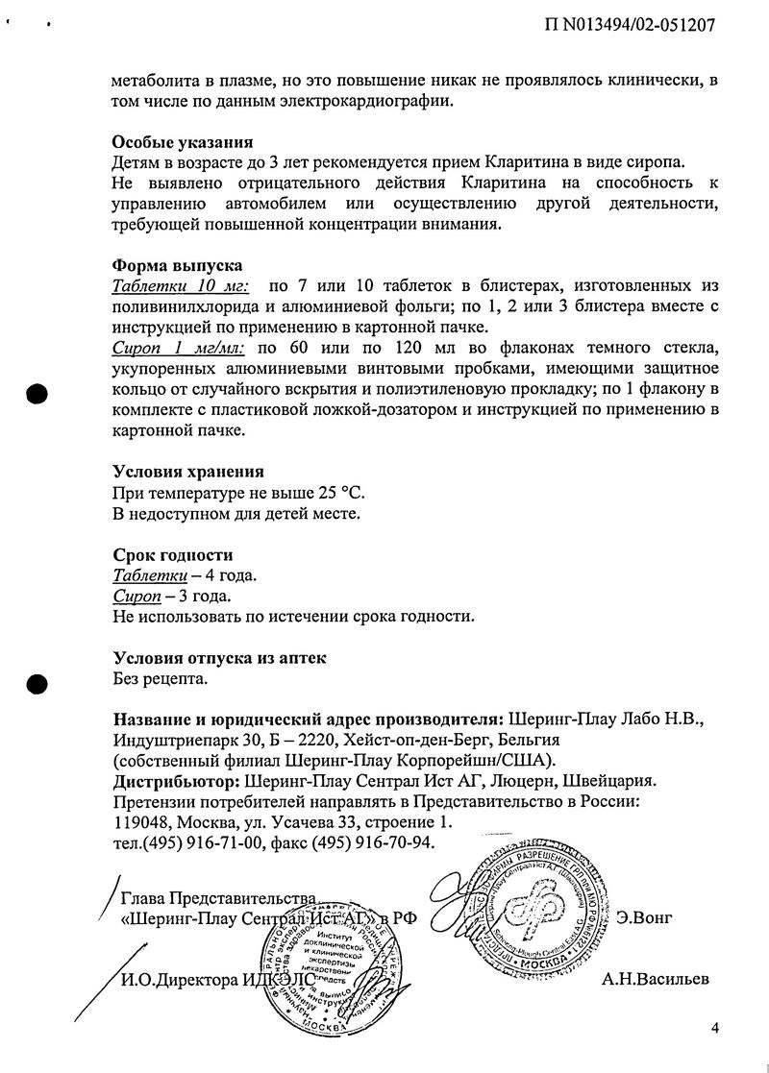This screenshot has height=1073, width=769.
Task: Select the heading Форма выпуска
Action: click(177, 265)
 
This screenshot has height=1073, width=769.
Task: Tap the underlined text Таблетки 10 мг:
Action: click(181, 286)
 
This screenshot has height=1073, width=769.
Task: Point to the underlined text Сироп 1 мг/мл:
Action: click(178, 348)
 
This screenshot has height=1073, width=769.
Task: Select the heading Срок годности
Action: click(172, 555)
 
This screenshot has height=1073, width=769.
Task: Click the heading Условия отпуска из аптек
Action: click(219, 658)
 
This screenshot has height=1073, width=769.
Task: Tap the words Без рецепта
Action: click(160, 679)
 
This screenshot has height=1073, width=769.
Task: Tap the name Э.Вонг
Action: click(644, 917)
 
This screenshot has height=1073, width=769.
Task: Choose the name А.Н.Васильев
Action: click(656, 979)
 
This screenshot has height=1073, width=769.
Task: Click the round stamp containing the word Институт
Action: click(332, 975)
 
